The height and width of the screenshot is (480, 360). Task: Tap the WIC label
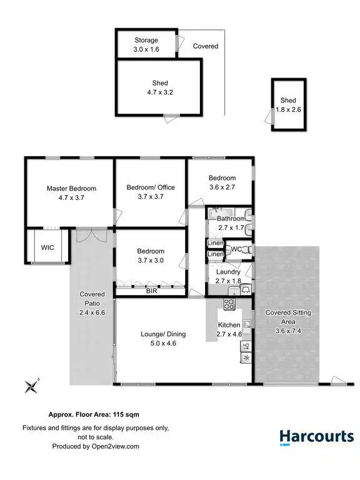[47, 247]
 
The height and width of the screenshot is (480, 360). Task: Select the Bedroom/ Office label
[151, 187]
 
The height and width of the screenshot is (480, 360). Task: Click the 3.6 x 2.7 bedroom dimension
[222, 187]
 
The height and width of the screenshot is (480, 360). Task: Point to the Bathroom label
[231, 219]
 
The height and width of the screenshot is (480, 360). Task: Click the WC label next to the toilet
[236, 249]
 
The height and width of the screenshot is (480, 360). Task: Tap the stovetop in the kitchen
[229, 306]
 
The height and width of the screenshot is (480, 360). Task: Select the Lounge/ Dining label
[162, 334]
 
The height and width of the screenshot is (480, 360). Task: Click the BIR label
[151, 291]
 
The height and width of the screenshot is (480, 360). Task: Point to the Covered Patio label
[92, 299]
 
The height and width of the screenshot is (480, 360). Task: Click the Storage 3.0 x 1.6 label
[146, 45]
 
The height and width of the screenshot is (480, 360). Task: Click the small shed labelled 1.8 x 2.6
[288, 105]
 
